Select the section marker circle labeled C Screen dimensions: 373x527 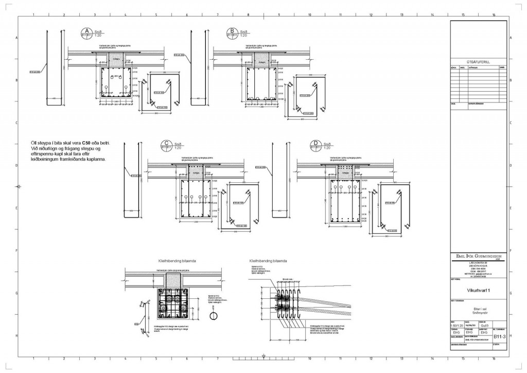point(166,145)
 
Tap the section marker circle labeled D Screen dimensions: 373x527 point(315,145)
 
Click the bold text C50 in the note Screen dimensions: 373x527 point(86,141)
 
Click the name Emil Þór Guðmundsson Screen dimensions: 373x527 point(477,256)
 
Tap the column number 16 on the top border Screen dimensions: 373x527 point(494,15)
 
